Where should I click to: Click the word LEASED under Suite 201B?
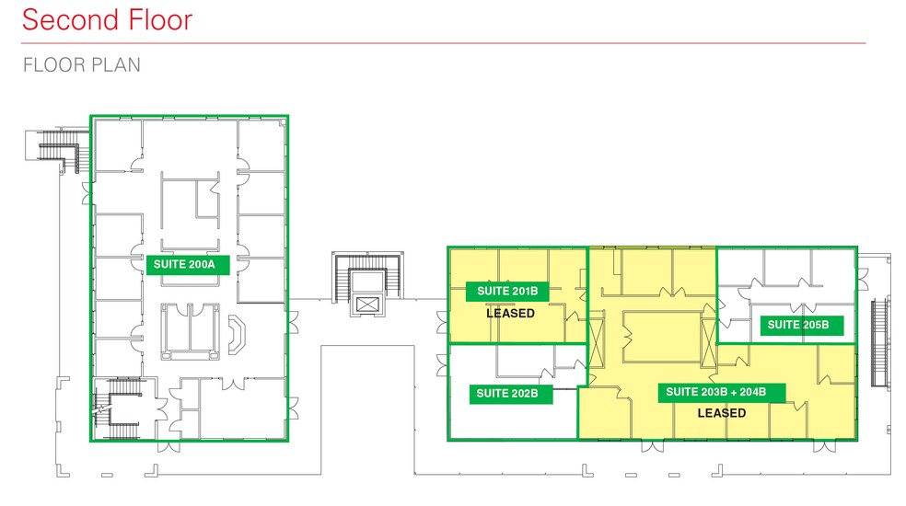pyautogui.click(x=510, y=314)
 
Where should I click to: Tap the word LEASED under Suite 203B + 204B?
pyautogui.click(x=722, y=413)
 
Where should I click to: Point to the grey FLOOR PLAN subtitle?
pyautogui.click(x=81, y=65)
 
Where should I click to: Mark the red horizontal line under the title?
pyautogui.click(x=442, y=43)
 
